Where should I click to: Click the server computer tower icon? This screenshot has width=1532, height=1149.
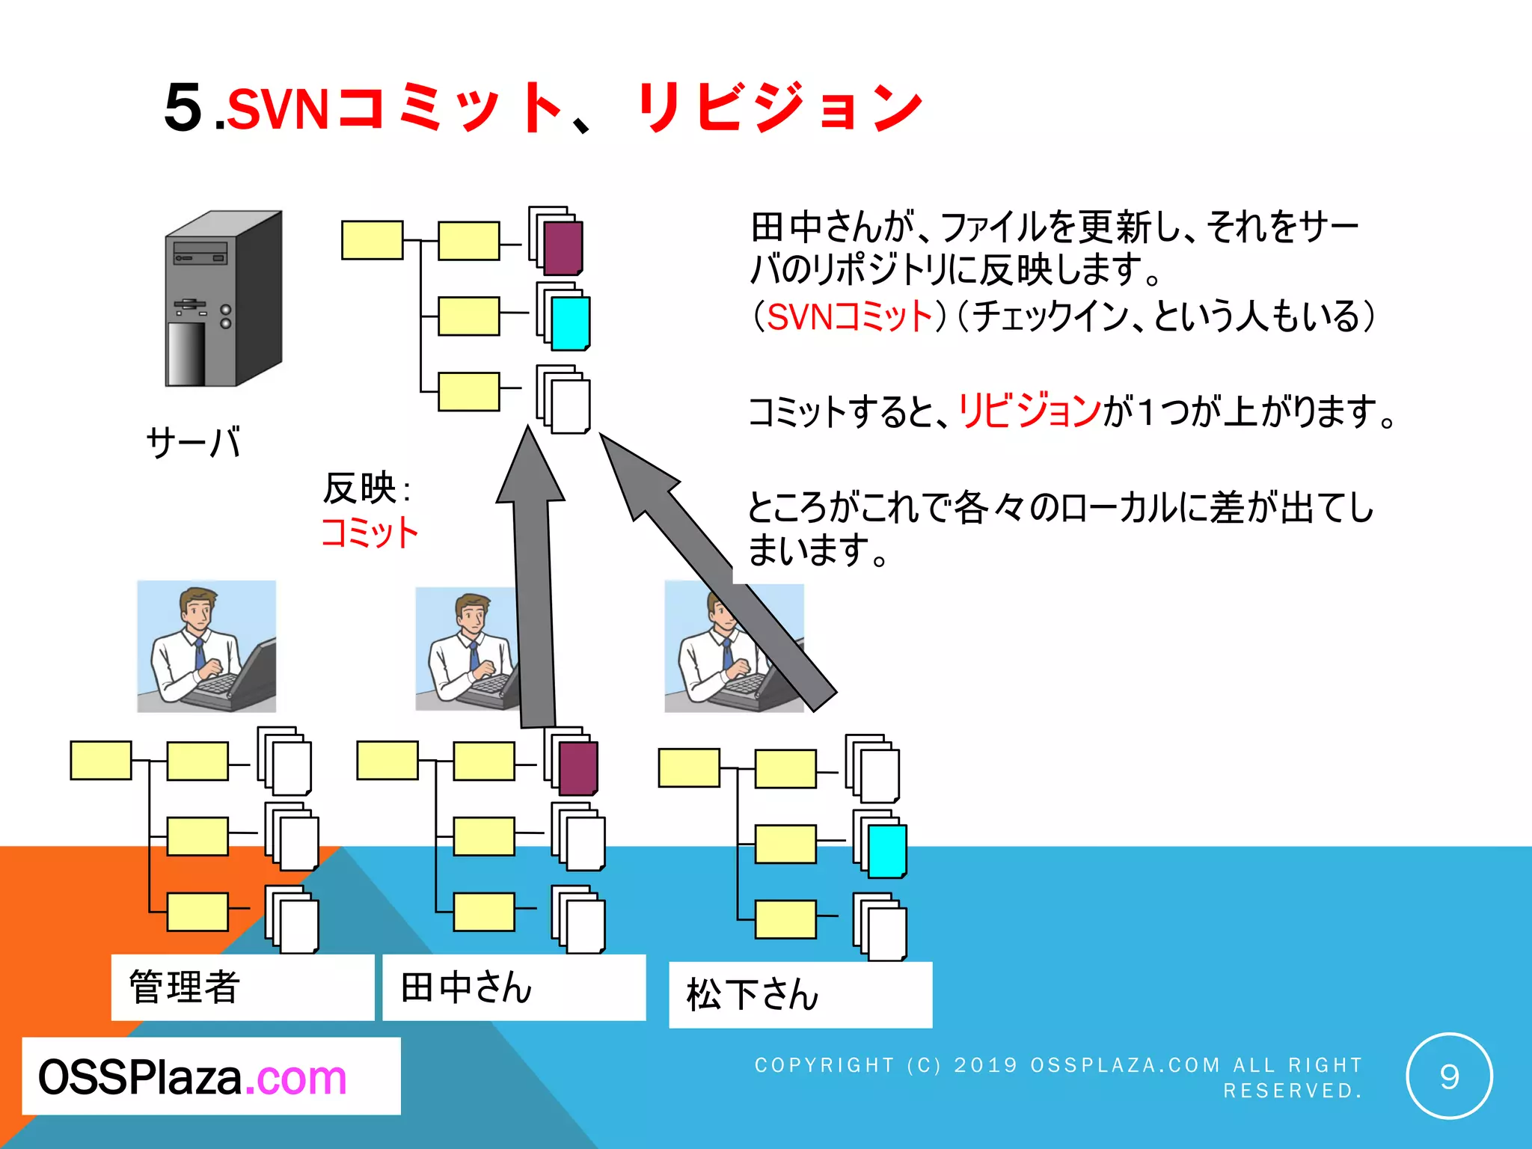coord(223,299)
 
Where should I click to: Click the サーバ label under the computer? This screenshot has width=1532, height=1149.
coord(193,442)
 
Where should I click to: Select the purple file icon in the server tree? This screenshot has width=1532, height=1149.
coord(563,248)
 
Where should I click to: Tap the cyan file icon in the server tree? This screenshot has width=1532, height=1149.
coord(570,323)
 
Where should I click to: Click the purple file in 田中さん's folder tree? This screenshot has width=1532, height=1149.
coord(578,768)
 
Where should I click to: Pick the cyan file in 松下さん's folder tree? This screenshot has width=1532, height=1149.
coord(887,851)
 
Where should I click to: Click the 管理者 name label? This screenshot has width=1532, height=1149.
coord(184,987)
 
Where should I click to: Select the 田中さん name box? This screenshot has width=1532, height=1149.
coord(513,987)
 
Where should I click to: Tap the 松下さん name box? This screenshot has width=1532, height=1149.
coord(800,995)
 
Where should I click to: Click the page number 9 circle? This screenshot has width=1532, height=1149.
coord(1448,1076)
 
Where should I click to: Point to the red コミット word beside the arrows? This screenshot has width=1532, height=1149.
coord(370,533)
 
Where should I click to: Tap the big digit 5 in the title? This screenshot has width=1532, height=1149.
coord(183,108)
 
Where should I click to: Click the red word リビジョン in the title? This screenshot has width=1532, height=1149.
coord(779,108)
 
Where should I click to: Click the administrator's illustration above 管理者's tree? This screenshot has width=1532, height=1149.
coord(206,646)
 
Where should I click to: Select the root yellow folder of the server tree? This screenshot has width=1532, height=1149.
coord(372,240)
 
